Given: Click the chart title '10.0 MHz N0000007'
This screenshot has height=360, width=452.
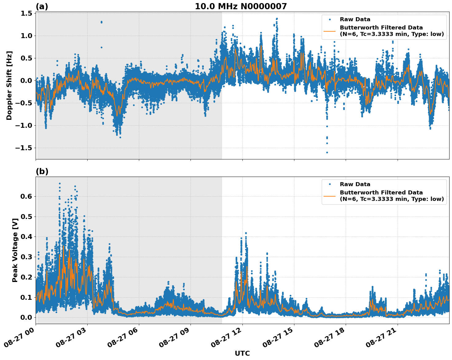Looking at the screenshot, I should coord(241,6).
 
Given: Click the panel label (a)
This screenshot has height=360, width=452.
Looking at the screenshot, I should coord(42,6).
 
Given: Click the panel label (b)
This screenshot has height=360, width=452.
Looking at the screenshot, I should coord(42,171).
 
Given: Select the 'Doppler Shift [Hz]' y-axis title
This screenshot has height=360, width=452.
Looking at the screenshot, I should coord(9,85).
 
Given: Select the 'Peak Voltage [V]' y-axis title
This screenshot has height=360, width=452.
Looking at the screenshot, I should coord(15,248).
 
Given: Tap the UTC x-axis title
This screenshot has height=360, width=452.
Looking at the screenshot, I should coord(242,353).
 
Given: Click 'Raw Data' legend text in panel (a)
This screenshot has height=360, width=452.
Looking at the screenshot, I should coord(355,20).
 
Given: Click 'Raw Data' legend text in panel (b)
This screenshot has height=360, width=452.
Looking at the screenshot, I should coord(355,184).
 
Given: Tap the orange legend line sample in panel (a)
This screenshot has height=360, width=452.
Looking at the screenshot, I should coord(330,31).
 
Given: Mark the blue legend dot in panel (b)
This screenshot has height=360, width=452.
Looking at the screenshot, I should coord(330,184).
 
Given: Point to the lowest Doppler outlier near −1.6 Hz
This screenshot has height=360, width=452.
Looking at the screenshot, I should coord(327,152).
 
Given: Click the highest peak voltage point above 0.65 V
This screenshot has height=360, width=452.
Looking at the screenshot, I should coord(60,183).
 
